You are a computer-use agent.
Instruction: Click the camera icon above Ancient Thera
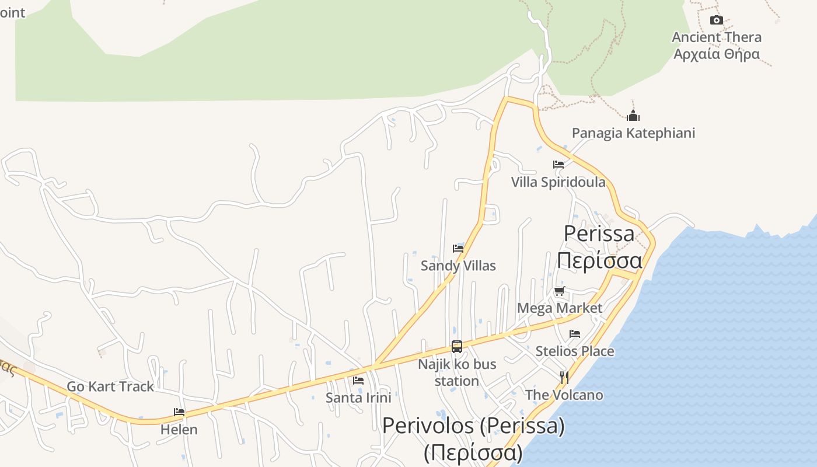[x=716, y=20]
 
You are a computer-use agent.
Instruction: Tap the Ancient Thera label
[x=717, y=37]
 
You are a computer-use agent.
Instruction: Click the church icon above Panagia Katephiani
[x=633, y=116]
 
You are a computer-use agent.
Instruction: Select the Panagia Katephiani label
[x=633, y=133]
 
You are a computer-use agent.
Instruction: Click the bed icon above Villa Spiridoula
[x=558, y=165]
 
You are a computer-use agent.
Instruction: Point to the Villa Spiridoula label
[x=558, y=182]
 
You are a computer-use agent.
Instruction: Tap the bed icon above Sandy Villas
[x=458, y=249]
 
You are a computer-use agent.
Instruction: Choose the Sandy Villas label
[x=458, y=266]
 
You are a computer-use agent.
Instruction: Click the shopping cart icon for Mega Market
[x=560, y=291]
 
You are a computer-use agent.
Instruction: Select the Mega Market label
[x=560, y=308]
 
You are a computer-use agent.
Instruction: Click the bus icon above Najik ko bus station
[x=457, y=347]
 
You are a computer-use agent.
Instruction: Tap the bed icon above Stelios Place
[x=575, y=334]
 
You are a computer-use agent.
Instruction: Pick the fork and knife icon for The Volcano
[x=564, y=378]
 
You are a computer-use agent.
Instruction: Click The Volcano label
[x=564, y=395]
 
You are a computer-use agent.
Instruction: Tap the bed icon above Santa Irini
[x=358, y=381]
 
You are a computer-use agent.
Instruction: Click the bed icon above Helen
[x=179, y=412]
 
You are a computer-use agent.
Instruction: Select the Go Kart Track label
[x=110, y=386]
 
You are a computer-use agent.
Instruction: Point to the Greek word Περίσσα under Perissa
[x=599, y=260]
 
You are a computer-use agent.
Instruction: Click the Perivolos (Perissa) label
[x=473, y=426]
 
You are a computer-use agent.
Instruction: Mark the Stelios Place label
[x=575, y=351]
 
